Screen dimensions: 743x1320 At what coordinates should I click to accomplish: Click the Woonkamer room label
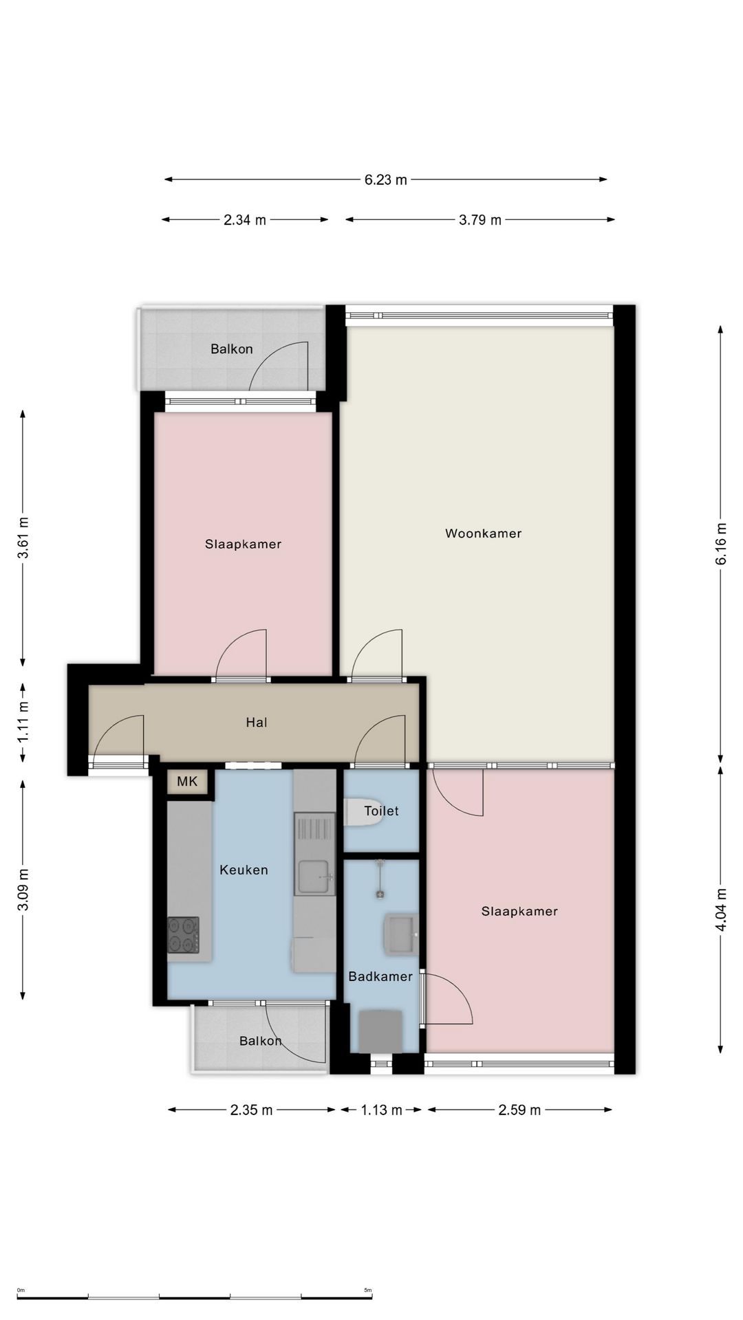point(483,533)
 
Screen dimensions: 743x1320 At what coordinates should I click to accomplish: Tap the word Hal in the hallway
point(257,723)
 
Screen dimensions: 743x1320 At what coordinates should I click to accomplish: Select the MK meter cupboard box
point(187,782)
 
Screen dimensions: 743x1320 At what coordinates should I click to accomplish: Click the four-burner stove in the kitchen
point(183,935)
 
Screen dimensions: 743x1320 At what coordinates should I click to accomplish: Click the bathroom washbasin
point(400,935)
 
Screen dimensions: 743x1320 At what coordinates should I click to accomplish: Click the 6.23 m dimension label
point(386,180)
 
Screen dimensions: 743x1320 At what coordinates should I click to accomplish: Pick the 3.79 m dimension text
point(480,220)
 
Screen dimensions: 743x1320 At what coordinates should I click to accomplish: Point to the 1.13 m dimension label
point(381,1110)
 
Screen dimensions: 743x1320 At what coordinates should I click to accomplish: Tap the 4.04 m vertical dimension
point(721,910)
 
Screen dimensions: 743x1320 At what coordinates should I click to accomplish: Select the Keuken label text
point(244,870)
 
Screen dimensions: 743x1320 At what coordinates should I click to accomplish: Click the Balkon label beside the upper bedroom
point(232,349)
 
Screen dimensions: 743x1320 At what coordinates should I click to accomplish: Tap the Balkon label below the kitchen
point(261,1042)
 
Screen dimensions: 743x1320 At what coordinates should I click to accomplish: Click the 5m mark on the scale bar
point(368,1290)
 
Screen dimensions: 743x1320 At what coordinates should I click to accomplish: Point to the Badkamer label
point(380,977)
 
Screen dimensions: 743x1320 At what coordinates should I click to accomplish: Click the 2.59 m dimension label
point(519,1110)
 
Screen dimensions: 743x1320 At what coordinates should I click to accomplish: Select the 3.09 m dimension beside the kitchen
point(23,889)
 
